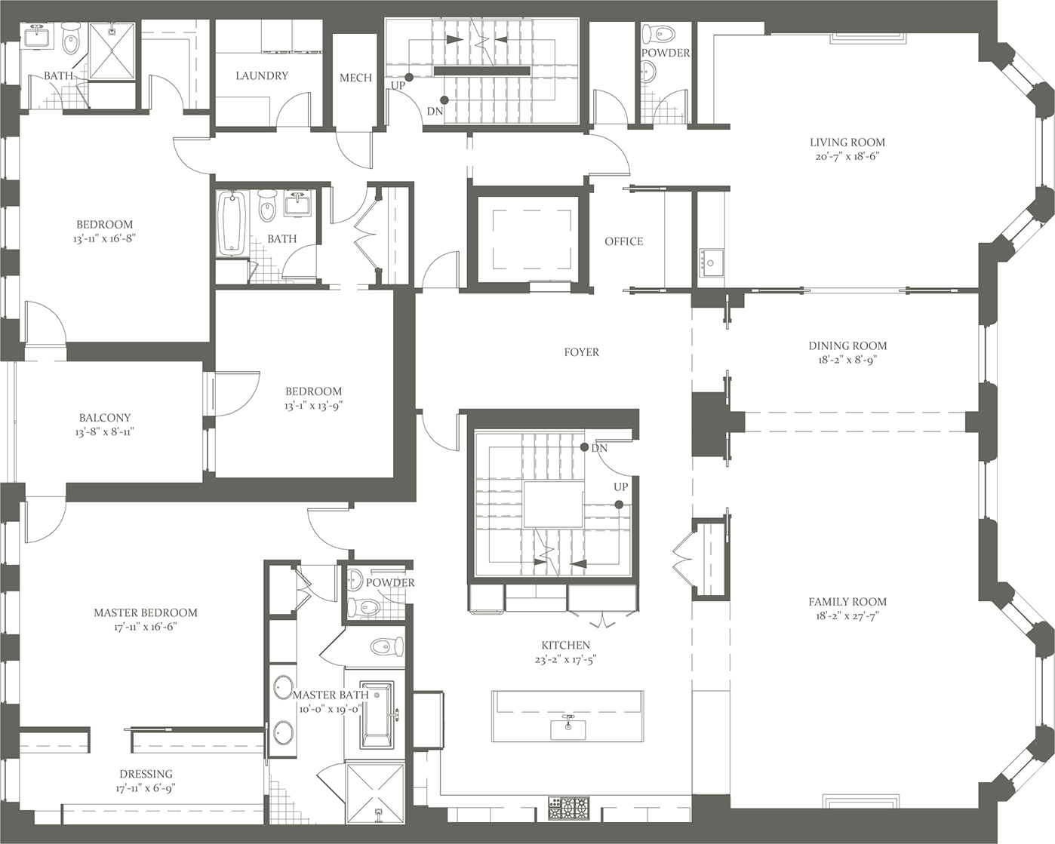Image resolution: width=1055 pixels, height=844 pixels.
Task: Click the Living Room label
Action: tap(847, 142)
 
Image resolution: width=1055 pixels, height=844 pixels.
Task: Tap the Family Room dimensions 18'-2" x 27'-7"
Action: tap(847, 616)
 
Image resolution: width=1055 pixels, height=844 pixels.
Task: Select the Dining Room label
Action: tap(847, 345)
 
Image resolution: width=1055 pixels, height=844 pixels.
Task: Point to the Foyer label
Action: tap(581, 352)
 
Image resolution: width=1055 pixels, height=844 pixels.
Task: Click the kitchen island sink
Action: tap(568, 728)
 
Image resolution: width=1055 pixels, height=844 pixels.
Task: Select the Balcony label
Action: tap(105, 417)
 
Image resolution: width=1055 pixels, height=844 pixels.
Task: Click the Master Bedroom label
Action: tap(146, 612)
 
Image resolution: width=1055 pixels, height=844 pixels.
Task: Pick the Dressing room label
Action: tap(146, 774)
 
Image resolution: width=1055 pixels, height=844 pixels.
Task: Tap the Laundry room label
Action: tap(262, 75)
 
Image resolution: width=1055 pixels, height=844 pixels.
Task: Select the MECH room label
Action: tap(355, 78)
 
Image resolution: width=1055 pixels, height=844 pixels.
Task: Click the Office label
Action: tap(623, 241)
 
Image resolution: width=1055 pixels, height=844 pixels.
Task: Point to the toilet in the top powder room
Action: tap(664, 34)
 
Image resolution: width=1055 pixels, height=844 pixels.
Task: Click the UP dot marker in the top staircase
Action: tap(408, 77)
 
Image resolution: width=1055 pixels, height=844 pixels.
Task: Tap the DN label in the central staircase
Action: tap(599, 448)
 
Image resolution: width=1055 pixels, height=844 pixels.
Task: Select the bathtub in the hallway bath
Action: tap(231, 223)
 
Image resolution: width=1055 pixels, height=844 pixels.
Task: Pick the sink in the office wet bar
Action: tap(709, 262)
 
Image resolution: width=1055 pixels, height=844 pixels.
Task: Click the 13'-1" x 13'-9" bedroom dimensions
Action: tap(313, 406)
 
